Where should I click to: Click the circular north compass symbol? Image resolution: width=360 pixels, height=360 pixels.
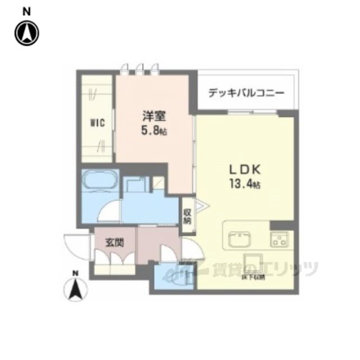[26, 33]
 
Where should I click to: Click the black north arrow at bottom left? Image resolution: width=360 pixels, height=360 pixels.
[75, 290]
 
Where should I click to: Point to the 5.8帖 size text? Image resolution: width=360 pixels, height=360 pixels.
[154, 131]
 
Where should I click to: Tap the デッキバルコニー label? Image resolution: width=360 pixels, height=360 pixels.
[246, 92]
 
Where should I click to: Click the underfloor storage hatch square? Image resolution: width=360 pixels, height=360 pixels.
[257, 264]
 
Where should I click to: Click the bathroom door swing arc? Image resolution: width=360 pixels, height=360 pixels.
[106, 212]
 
